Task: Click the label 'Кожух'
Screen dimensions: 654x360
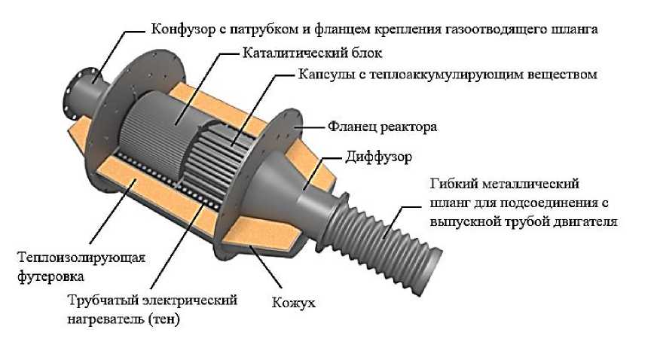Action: click(293, 304)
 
